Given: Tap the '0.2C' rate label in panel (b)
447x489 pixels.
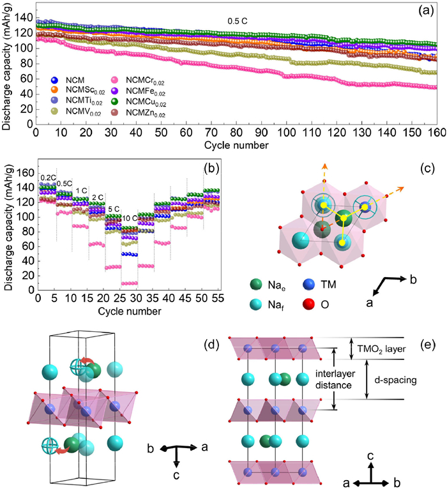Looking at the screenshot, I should coord(46,178).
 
